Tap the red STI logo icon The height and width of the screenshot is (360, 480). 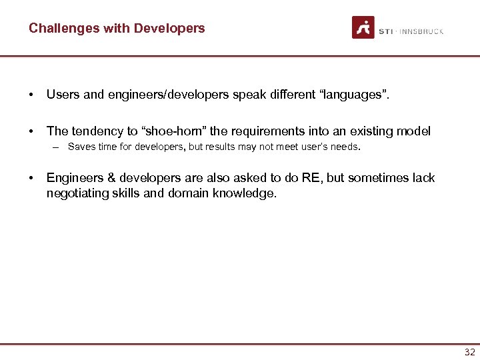coord(363,27)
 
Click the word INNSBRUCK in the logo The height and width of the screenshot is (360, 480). coord(421,31)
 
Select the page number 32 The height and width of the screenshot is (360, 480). coord(469,353)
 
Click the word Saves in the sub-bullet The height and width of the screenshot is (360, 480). coord(81,147)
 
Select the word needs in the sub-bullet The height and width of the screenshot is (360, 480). coord(345,147)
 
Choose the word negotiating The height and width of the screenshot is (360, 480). coord(77,193)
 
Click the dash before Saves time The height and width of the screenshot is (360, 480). coord(58,147)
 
